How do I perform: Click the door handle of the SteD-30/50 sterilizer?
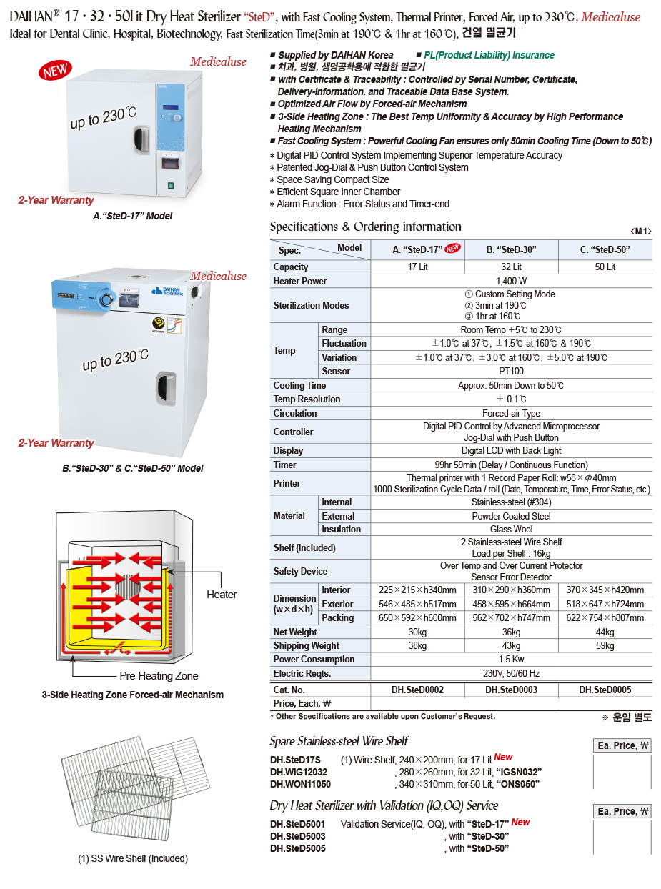click(x=167, y=389)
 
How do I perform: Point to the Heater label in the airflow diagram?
click(x=222, y=595)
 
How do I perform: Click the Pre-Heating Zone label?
click(x=159, y=676)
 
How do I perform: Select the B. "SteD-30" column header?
click(x=511, y=249)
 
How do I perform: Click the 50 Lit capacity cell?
click(x=605, y=267)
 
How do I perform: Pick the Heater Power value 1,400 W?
click(x=511, y=281)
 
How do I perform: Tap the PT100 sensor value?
click(x=511, y=371)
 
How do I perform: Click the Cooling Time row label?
click(x=299, y=385)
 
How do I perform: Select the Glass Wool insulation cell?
click(x=511, y=529)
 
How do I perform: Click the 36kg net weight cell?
click(x=511, y=632)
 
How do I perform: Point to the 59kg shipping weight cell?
click(x=605, y=645)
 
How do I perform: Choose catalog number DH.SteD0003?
click(x=511, y=690)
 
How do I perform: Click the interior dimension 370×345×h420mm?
click(x=605, y=590)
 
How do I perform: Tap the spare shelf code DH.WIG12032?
click(x=299, y=772)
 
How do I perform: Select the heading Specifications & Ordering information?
click(x=365, y=227)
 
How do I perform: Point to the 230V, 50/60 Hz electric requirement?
click(x=511, y=673)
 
